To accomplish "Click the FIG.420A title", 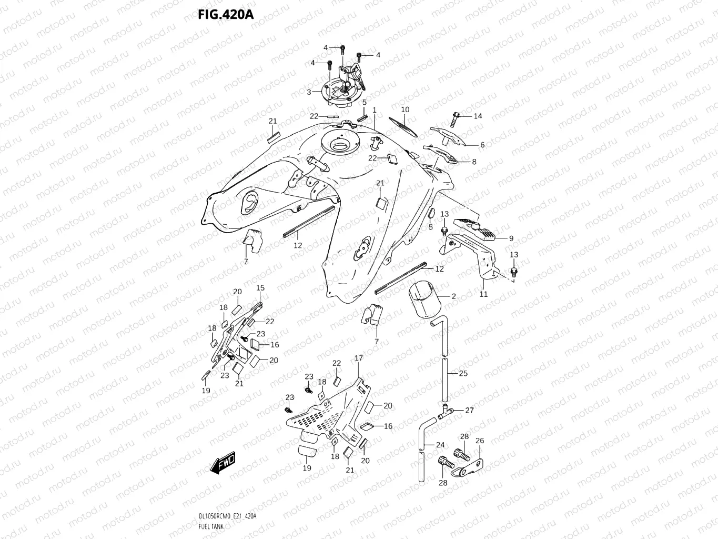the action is [226, 14].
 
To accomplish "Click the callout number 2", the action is [453, 296].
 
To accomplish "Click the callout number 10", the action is [404, 109].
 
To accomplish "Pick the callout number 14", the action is [478, 116].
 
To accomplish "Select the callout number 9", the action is [511, 238].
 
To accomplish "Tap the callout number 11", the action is [483, 294].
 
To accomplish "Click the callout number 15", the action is [260, 288].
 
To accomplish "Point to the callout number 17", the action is [359, 358].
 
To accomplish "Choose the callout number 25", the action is [463, 373].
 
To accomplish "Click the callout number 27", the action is [469, 410].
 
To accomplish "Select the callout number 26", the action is [480, 441].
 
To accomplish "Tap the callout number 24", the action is [440, 445].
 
